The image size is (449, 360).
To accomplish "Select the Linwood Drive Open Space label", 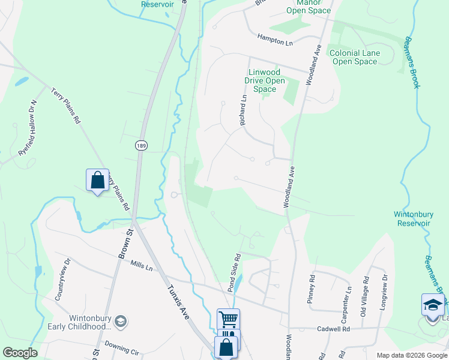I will tap(264, 80).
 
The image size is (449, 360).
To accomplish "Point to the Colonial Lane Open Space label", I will tap(355, 57).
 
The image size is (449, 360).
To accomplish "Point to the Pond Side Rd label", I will tap(234, 274).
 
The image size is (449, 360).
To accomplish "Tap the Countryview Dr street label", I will tap(62, 280).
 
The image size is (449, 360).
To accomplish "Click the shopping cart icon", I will tap(228, 319).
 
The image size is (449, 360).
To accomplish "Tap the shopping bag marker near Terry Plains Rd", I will tap(97, 179).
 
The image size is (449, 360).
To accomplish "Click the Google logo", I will tap(20, 353).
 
